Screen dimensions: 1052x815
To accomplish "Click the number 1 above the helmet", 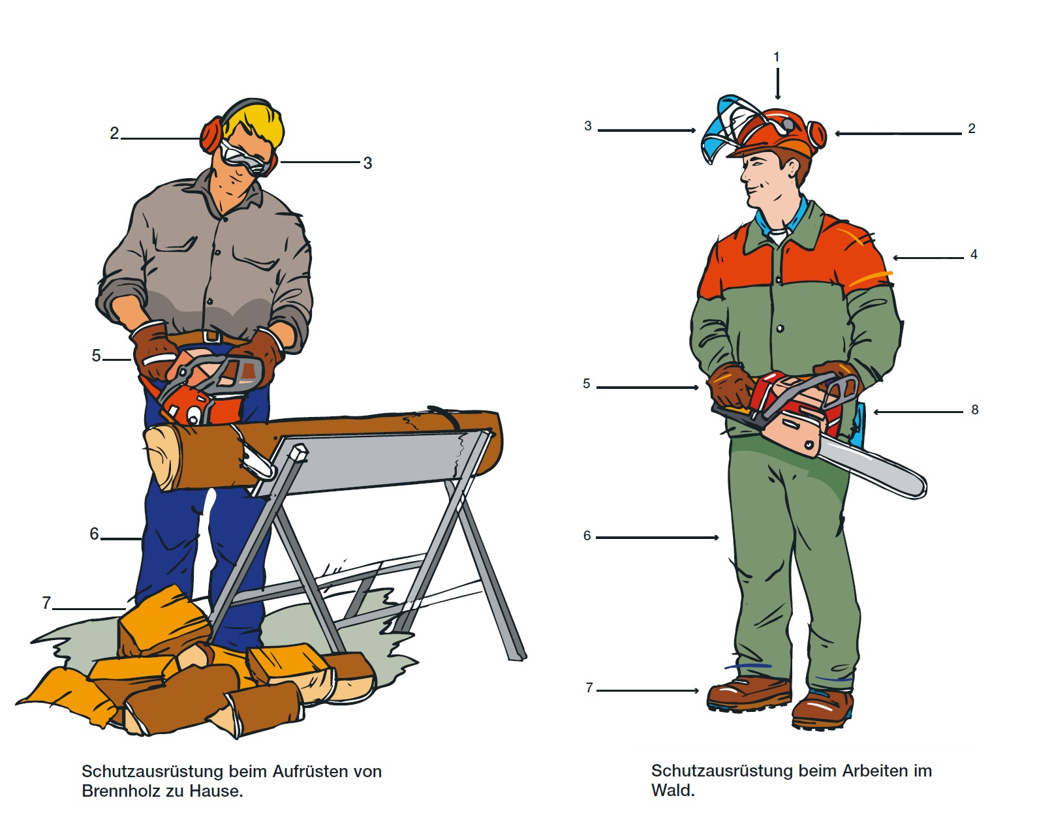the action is [776, 57].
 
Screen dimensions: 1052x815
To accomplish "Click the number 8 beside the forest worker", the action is [974, 410].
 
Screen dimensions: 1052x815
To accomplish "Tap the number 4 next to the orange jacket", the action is [974, 254].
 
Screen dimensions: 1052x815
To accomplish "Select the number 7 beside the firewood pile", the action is [46, 602].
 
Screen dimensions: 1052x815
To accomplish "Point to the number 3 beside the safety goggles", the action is [367, 163].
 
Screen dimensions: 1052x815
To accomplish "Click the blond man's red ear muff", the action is [211, 136].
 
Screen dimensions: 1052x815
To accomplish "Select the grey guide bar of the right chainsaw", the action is [871, 467].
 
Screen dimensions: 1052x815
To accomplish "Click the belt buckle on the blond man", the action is [212, 336].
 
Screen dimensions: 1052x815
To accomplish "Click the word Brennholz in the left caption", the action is [123, 790].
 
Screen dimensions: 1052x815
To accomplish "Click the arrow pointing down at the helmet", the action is [777, 84].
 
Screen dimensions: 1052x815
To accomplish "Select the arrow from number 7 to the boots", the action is [648, 690].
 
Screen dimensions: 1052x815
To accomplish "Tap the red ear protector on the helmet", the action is [816, 135].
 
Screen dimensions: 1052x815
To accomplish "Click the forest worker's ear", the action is [792, 168].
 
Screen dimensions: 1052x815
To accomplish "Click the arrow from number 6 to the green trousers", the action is [657, 537].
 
